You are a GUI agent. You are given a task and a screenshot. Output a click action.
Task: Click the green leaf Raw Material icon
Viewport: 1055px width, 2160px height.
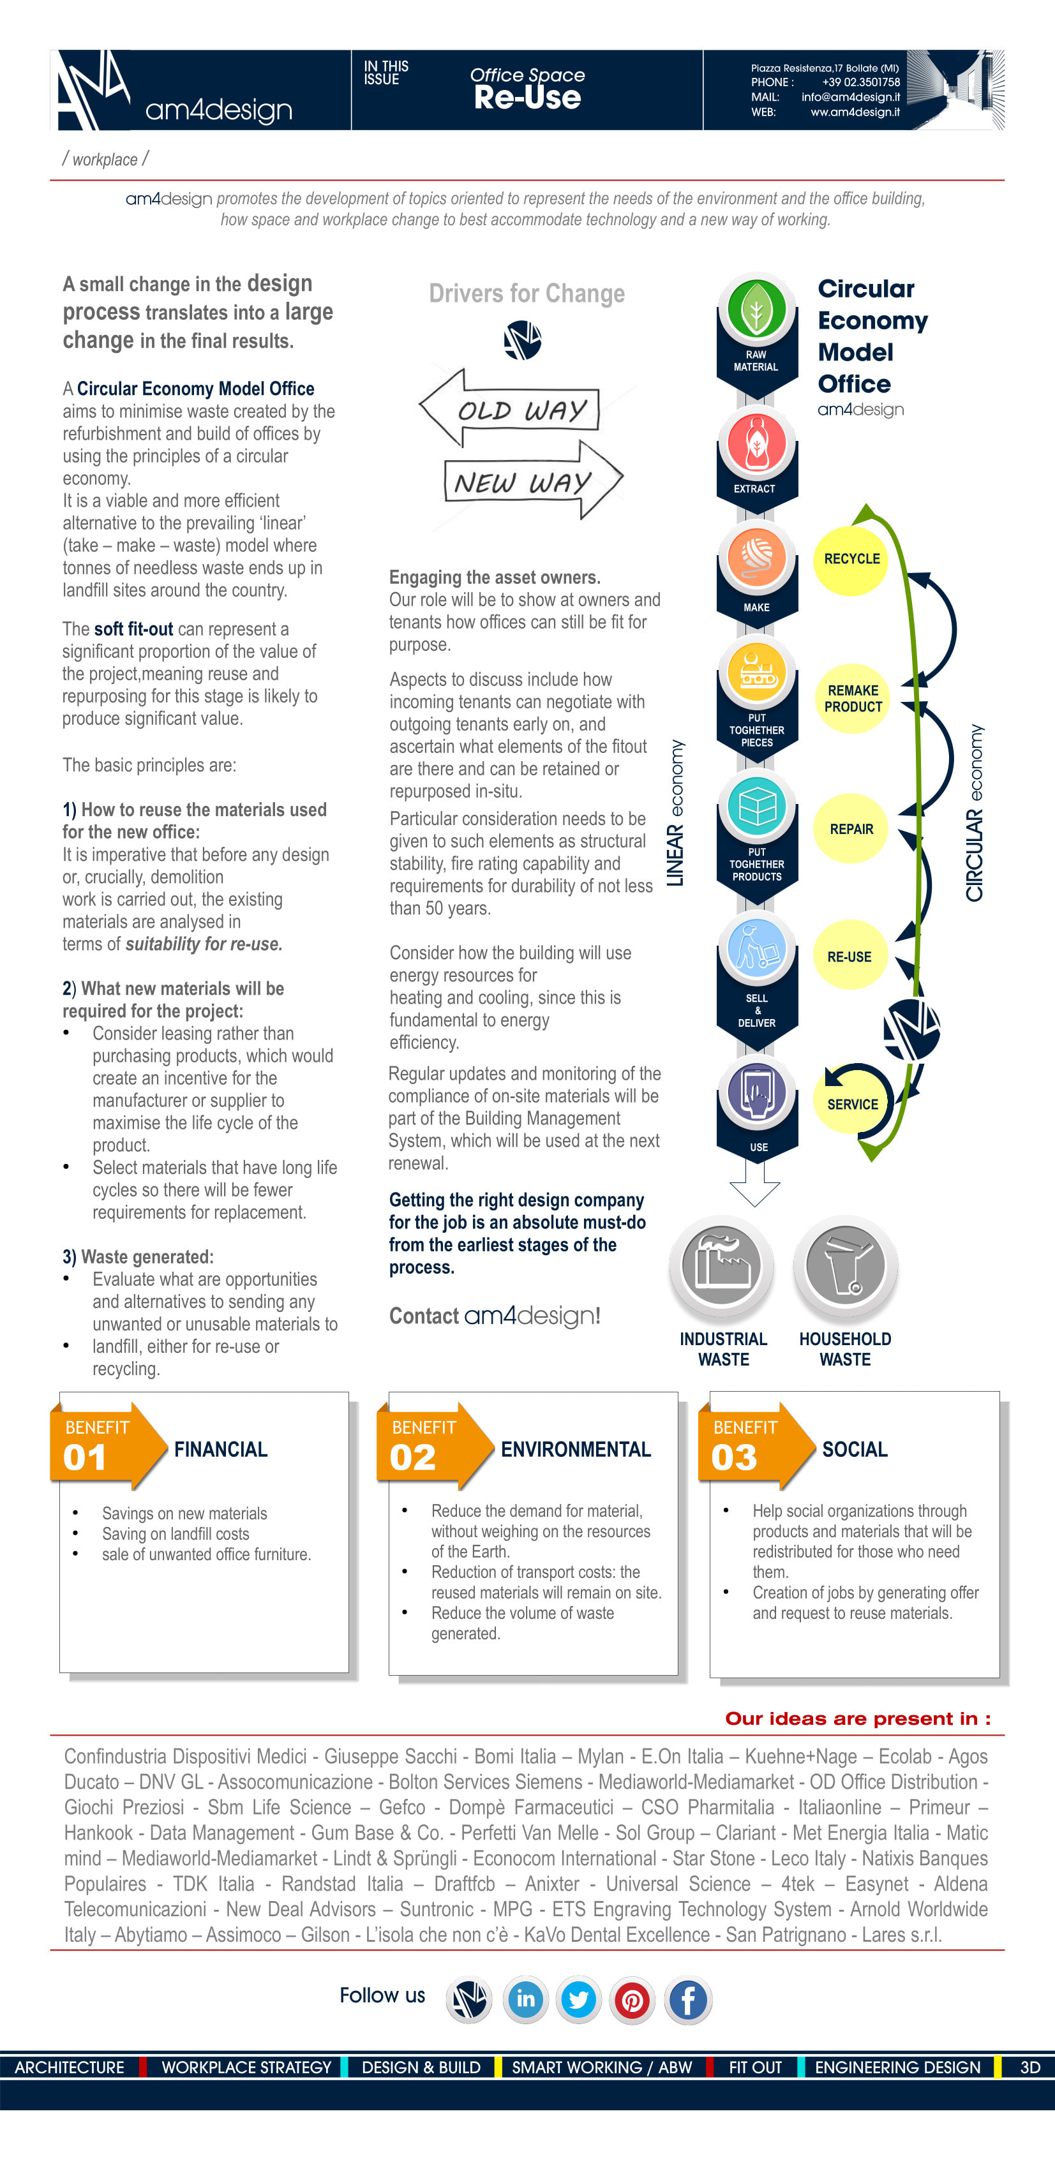click(756, 309)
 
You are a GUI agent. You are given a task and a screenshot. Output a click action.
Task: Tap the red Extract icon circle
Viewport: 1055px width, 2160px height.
click(756, 442)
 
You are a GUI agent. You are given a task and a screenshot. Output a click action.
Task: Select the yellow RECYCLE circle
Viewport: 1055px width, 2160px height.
click(851, 559)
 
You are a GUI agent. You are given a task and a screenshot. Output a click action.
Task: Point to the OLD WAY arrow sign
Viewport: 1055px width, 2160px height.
click(510, 408)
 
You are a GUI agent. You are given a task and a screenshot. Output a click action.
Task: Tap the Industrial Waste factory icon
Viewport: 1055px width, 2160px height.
click(722, 1263)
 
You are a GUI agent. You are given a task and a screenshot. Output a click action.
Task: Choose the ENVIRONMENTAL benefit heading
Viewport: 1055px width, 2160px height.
click(575, 1450)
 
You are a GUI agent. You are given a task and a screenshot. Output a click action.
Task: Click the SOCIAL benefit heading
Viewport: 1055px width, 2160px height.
click(855, 1450)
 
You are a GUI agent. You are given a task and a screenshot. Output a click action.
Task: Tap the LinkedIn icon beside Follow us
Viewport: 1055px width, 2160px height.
click(526, 2000)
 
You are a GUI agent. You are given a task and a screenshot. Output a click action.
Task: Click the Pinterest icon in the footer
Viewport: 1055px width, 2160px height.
click(632, 2000)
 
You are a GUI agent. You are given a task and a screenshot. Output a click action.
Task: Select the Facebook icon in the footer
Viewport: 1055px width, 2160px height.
click(687, 2000)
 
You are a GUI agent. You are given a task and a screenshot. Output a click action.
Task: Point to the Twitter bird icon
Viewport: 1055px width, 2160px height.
click(579, 2000)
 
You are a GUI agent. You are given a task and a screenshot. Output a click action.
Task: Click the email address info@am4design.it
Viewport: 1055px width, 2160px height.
click(850, 97)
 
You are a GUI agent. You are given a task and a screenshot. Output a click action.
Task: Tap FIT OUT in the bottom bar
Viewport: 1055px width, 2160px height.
click(755, 2067)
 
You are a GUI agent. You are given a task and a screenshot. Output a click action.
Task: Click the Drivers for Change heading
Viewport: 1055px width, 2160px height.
click(527, 294)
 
